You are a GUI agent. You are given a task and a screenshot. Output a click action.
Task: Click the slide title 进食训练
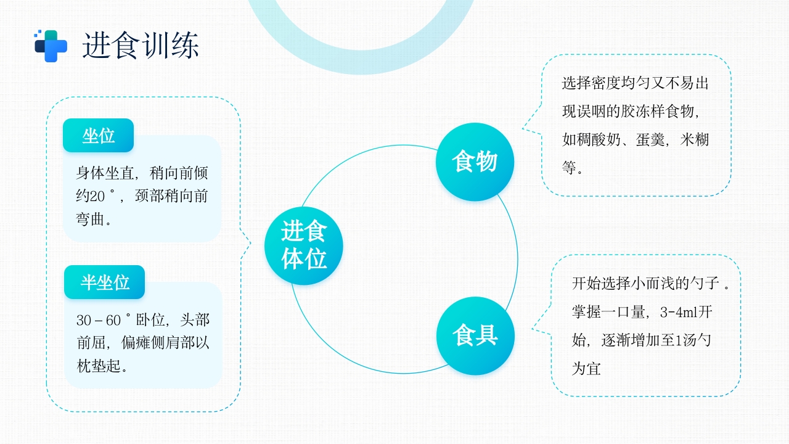[x=141, y=45]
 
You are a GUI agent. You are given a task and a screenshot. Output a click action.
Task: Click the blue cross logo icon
[x=51, y=46]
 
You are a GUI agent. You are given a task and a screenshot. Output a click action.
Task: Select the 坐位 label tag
[x=99, y=136]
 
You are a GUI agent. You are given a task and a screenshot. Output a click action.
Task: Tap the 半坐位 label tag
[x=105, y=282]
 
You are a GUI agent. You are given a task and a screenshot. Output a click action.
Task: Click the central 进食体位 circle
[x=304, y=246]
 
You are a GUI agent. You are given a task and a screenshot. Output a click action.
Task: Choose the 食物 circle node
[x=475, y=162]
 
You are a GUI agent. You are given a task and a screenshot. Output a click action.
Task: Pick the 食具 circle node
[x=475, y=336]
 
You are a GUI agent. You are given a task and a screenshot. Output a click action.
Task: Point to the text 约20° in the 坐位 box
[x=95, y=196]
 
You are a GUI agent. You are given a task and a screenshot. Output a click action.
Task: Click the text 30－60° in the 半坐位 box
[x=104, y=320]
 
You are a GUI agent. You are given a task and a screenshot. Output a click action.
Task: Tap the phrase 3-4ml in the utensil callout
[x=674, y=312]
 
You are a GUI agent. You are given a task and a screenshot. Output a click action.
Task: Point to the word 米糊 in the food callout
[x=695, y=139]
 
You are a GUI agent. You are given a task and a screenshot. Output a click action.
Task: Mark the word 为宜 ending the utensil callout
[x=586, y=369]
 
